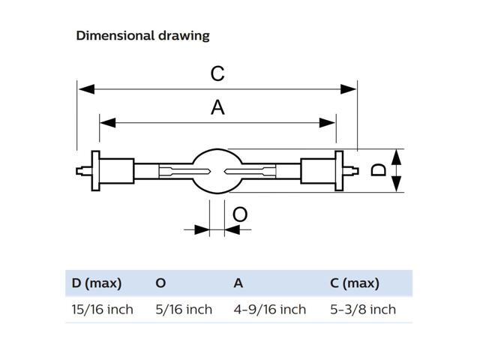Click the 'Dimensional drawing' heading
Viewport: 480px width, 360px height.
point(142,36)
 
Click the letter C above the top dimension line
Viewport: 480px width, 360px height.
point(217,73)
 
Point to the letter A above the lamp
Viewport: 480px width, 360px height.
point(217,107)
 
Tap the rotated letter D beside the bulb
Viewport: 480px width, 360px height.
point(378,170)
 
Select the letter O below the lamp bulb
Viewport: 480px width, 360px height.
point(240,214)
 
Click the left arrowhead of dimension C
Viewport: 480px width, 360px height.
point(87,89)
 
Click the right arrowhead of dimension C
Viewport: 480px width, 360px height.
point(348,89)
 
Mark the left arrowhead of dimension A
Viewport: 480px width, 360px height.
point(108,123)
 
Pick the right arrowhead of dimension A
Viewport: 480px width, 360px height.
point(327,123)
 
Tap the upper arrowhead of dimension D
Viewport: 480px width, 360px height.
point(397,157)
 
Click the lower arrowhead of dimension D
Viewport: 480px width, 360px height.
point(397,184)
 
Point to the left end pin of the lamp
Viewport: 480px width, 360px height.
point(83,171)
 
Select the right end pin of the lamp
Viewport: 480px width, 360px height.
point(351,171)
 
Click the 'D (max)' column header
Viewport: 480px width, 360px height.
point(97,283)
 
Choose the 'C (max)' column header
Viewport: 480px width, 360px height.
point(355,283)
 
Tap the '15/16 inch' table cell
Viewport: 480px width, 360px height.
point(103,310)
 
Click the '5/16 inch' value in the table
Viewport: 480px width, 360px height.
point(184,310)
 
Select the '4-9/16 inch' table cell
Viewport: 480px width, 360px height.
point(270,310)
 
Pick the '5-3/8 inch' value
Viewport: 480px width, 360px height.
point(363,310)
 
